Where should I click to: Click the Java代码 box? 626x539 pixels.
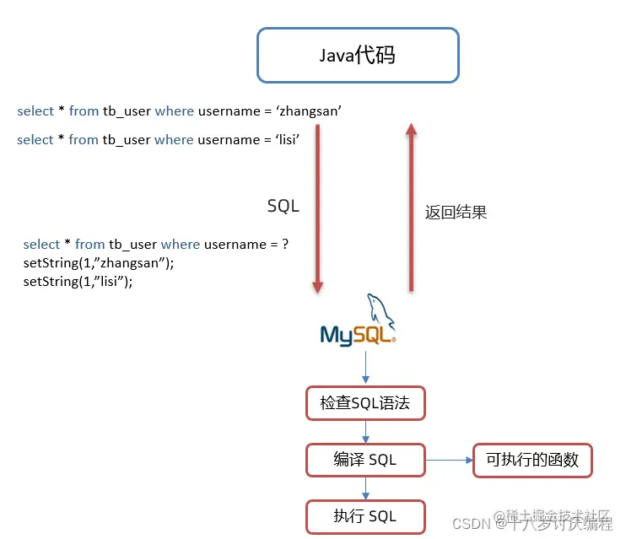point(358,56)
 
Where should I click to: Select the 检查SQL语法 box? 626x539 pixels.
point(364,403)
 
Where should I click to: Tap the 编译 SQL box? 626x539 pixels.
point(364,460)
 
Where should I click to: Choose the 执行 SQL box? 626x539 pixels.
point(364,516)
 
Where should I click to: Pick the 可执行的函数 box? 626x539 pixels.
point(532,460)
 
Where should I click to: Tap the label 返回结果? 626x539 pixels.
point(456,213)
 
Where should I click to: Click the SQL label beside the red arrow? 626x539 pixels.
point(283,206)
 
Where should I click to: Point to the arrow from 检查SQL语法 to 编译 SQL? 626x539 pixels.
point(365,431)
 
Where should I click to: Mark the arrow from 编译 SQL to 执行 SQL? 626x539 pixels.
point(365,488)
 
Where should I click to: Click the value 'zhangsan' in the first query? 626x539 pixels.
point(309,111)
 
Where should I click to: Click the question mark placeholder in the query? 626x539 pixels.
point(285,245)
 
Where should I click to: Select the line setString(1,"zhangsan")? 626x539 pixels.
point(99,263)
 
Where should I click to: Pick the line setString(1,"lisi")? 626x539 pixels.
point(78,282)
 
